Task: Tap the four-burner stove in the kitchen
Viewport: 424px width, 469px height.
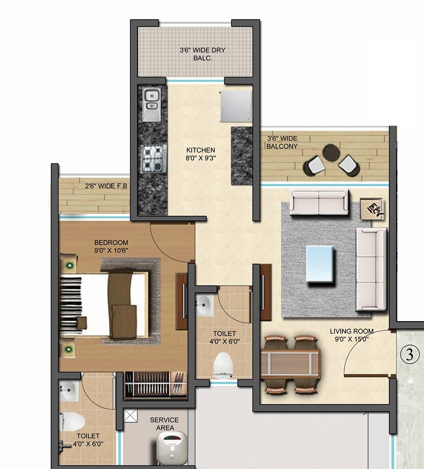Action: [153, 159]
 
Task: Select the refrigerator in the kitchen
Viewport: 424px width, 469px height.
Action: [236, 106]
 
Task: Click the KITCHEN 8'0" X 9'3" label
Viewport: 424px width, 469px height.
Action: [200, 154]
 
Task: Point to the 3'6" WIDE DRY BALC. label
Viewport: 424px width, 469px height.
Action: [202, 54]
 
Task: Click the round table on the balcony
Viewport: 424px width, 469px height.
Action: [331, 153]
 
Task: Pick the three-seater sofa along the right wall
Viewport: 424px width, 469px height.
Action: [371, 269]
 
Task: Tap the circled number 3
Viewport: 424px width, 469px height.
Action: [409, 354]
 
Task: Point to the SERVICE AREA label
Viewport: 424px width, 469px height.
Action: [164, 424]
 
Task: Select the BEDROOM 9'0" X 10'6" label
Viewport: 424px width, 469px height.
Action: [111, 246]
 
